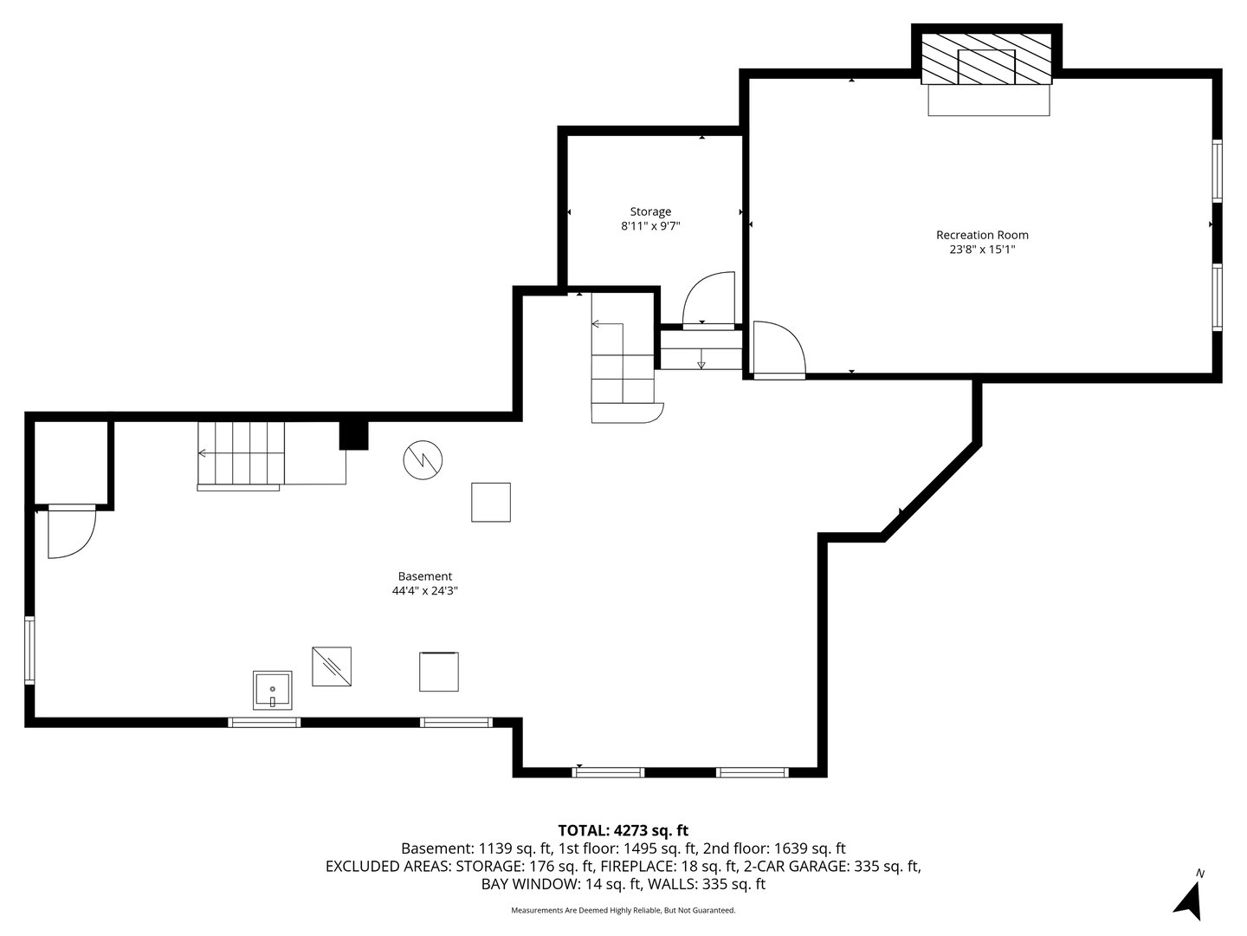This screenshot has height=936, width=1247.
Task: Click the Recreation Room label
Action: (982, 235)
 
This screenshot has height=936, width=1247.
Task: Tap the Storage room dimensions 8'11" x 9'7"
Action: (649, 226)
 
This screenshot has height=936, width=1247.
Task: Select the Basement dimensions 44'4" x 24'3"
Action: (424, 591)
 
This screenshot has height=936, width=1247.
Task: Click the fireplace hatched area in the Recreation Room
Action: (987, 59)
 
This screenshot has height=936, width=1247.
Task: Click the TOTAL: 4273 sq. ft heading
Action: (623, 830)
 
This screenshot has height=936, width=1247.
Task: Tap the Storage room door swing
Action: (708, 300)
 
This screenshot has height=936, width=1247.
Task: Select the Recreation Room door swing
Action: (778, 350)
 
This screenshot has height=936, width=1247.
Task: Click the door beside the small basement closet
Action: (69, 532)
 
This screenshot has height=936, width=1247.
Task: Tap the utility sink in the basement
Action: (273, 690)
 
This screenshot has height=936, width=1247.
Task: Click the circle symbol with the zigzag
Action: (423, 460)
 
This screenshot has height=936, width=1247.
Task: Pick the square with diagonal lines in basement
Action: (332, 666)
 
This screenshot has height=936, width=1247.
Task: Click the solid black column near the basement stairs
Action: (353, 434)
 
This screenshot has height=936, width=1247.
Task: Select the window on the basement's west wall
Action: (29, 650)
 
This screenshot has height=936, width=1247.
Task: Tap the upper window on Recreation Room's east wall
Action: (1217, 171)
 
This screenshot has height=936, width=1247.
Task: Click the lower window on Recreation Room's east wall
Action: (1217, 297)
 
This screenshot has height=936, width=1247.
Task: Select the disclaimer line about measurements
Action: (623, 910)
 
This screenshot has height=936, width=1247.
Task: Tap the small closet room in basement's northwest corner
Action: (71, 461)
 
